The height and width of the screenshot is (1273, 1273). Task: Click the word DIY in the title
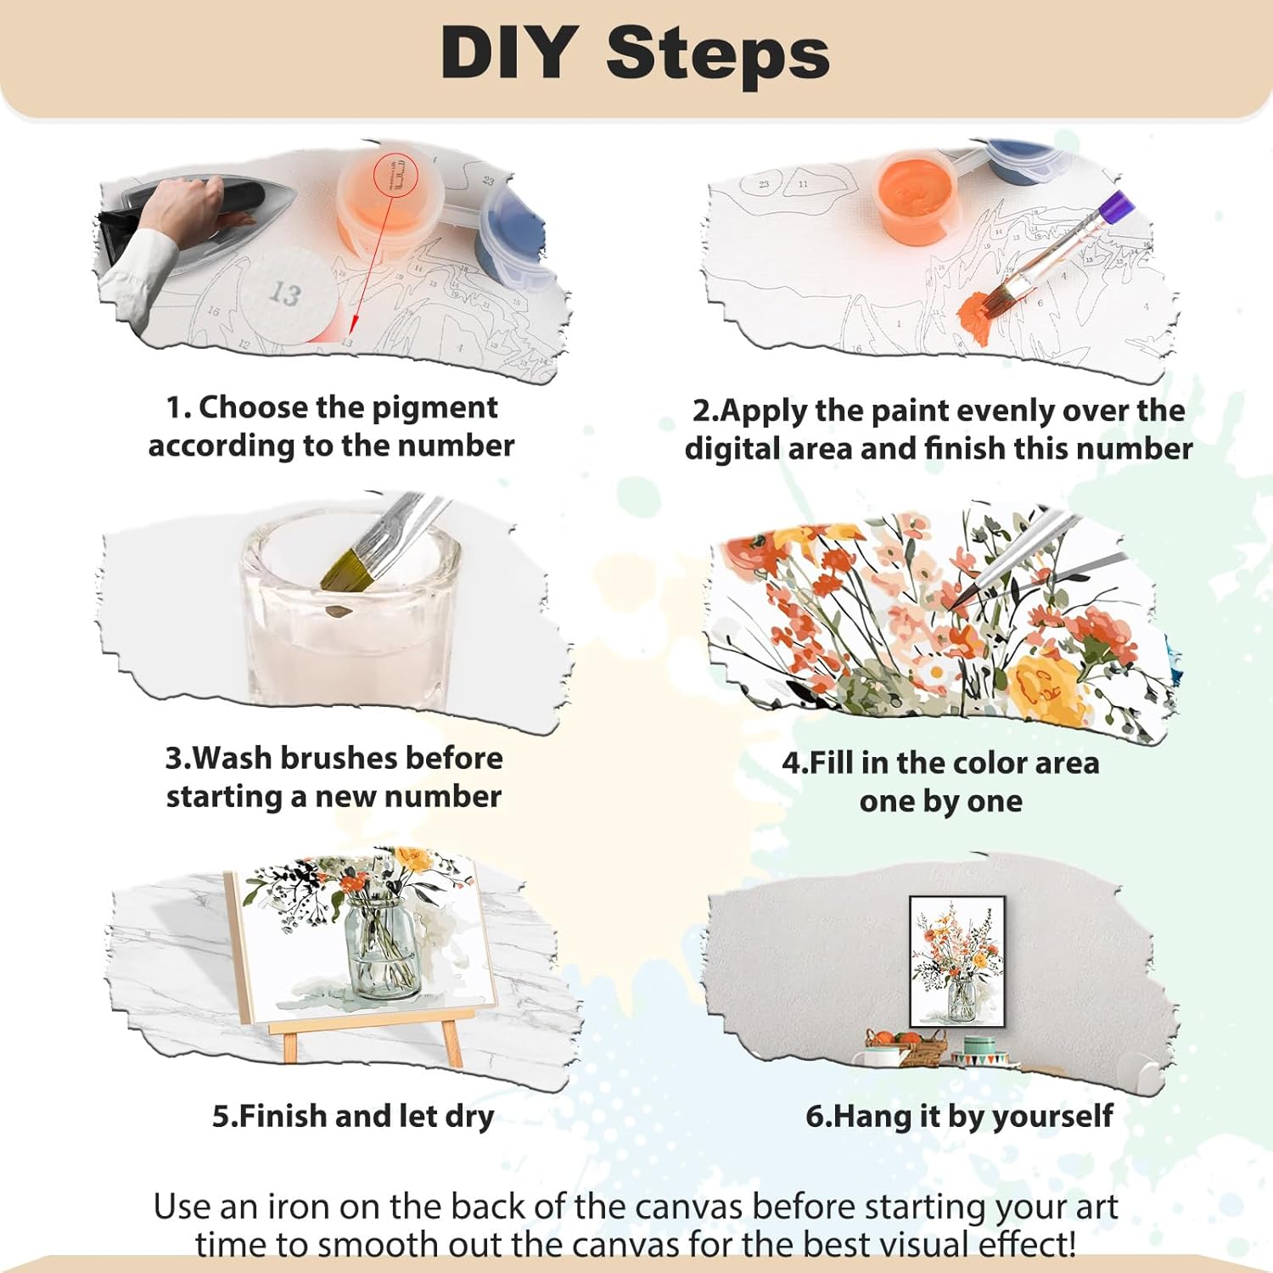pos(508,53)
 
